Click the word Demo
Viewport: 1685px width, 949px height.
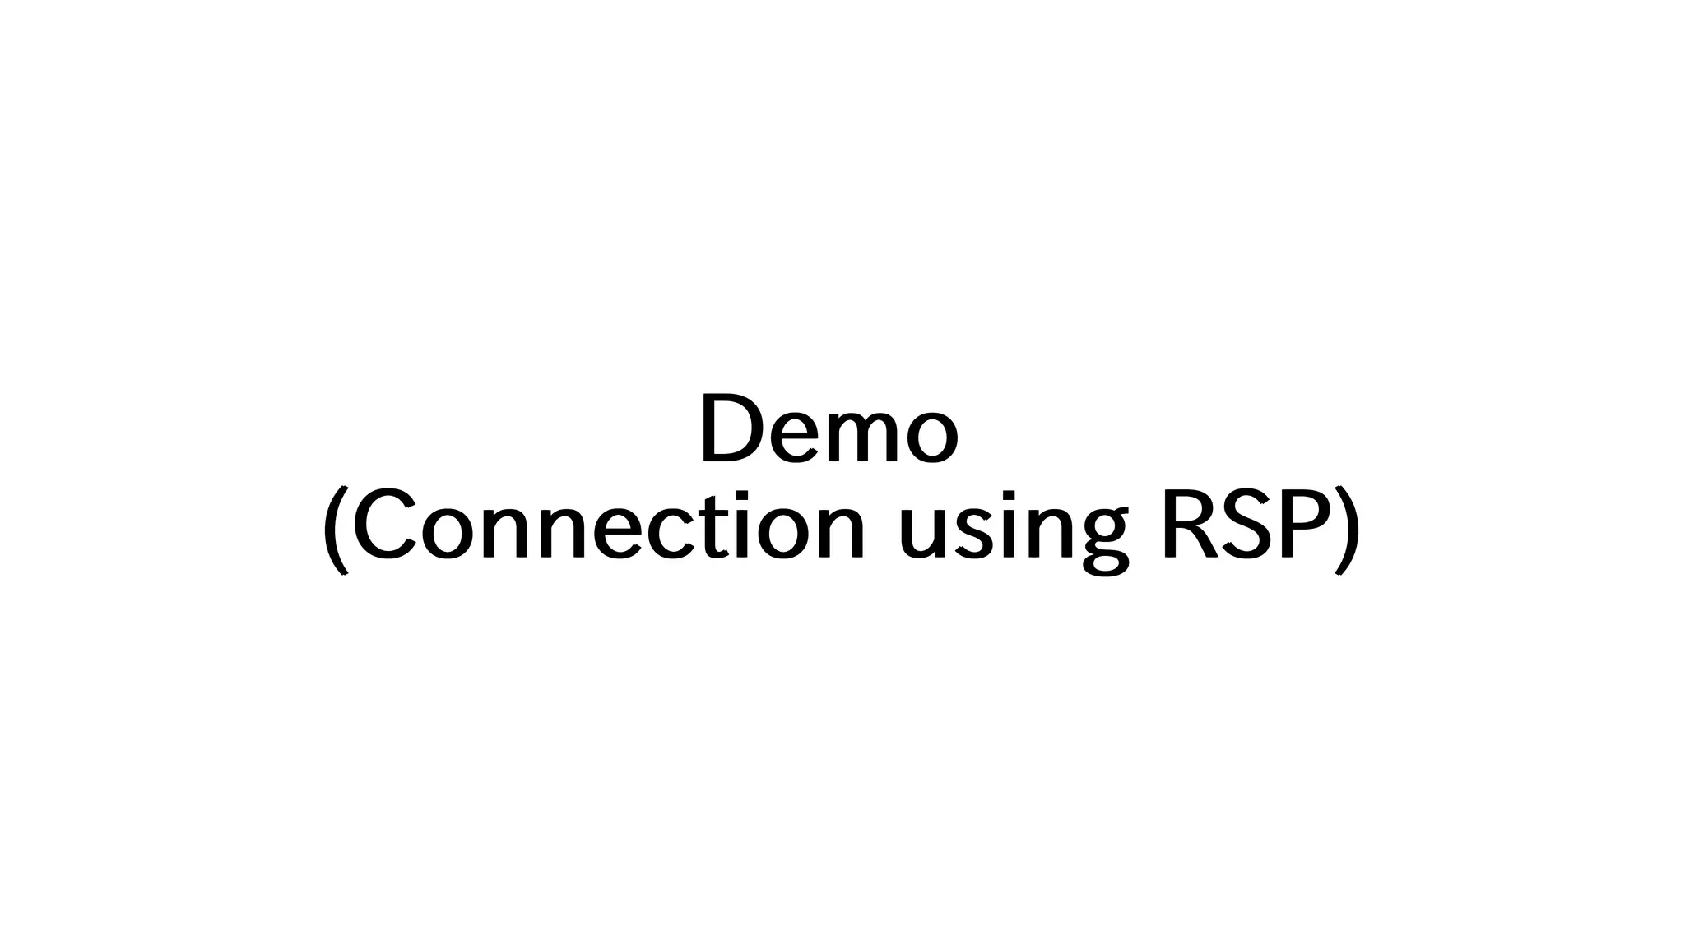point(829,429)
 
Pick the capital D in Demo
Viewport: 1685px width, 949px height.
point(732,429)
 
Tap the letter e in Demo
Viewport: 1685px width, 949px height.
point(799,437)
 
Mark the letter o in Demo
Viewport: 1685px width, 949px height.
point(931,437)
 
